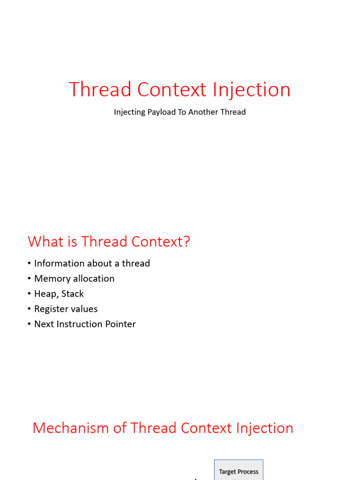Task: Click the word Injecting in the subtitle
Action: [129, 112]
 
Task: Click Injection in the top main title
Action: [251, 90]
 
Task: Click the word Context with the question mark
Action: [161, 241]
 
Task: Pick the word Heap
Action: [46, 294]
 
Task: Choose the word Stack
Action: [73, 293]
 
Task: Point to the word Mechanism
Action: [71, 428]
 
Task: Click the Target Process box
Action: [239, 470]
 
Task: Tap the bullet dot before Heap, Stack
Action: [29, 294]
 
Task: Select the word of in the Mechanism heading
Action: [120, 428]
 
